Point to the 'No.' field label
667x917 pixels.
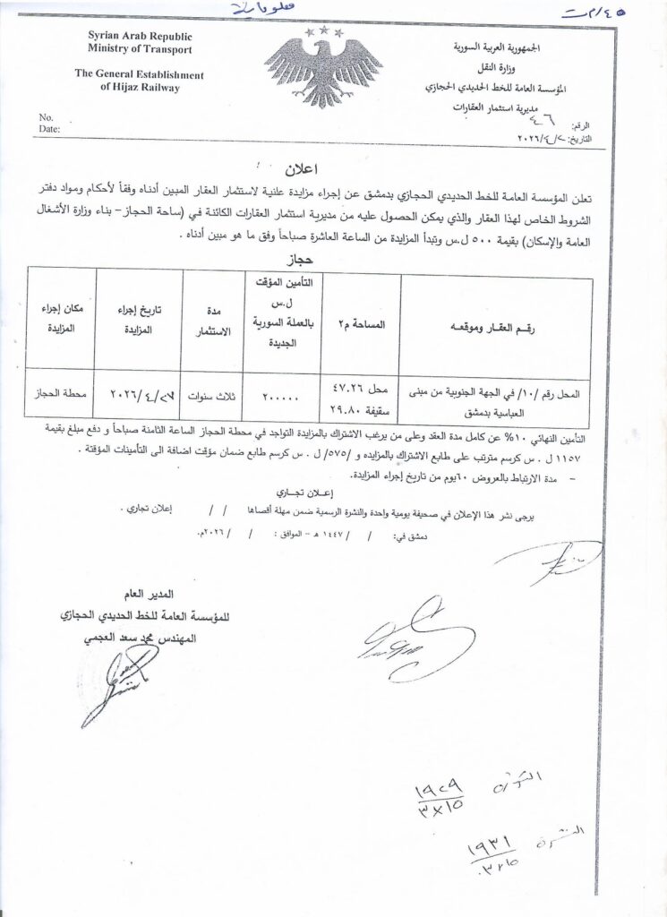tap(47, 117)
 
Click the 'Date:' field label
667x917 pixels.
tap(49, 129)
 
